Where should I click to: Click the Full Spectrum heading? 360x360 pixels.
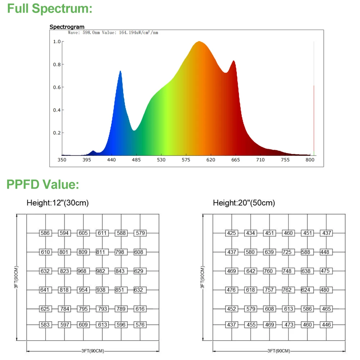[x=50, y=9]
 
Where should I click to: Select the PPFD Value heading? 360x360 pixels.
[x=42, y=185]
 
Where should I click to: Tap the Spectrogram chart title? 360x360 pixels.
[x=67, y=27]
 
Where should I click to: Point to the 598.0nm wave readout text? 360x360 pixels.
[x=113, y=33]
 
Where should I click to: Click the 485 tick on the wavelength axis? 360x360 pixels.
[x=136, y=159]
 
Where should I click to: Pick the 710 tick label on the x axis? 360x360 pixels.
[x=260, y=159]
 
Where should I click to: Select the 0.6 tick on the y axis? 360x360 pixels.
[x=57, y=87]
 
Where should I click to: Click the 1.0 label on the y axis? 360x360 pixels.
[x=57, y=42]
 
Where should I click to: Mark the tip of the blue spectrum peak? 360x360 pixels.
[x=120, y=71]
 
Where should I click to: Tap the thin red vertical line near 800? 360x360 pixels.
[x=314, y=119]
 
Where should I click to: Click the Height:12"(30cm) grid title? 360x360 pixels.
[x=58, y=203]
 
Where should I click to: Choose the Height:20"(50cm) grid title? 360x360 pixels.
[x=244, y=203]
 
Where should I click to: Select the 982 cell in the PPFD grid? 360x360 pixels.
[x=102, y=271]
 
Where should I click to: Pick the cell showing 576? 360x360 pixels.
[x=140, y=325]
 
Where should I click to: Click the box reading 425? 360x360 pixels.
[x=231, y=233]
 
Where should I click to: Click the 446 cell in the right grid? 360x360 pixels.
[x=326, y=325]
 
